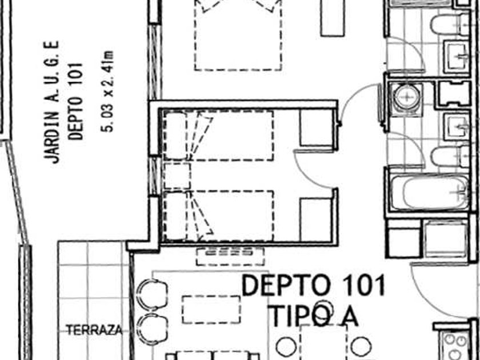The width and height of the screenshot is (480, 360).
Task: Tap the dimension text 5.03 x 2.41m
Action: pos(109,91)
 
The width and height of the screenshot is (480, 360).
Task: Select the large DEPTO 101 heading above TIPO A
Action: pos(313,286)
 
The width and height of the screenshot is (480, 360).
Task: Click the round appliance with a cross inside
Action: pos(407,97)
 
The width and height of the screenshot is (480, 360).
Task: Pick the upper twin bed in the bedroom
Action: pos(218,135)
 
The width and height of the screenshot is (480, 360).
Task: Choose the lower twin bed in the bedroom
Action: pos(218,216)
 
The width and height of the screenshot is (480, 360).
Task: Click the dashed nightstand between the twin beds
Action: pos(177,176)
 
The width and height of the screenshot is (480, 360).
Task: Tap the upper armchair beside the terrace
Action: pos(152,294)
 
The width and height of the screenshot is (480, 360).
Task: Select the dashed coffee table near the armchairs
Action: pos(211,310)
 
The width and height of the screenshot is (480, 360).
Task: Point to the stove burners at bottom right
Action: pos(457,346)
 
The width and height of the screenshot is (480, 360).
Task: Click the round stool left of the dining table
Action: pos(286,346)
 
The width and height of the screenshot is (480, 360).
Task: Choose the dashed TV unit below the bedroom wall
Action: pos(230,257)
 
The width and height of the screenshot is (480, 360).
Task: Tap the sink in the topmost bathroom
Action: pos(457,57)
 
